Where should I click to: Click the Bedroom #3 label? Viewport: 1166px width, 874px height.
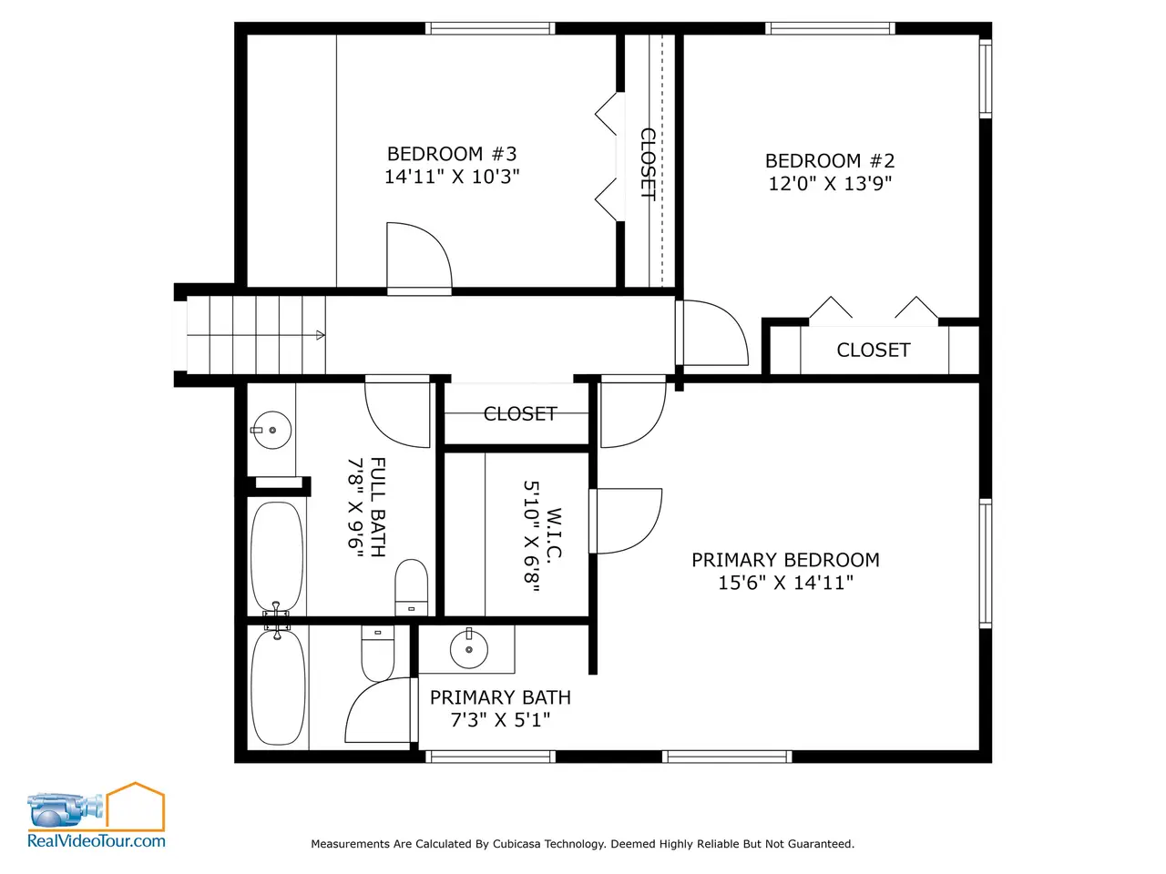(x=452, y=154)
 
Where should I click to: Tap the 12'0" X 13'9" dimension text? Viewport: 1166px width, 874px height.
(x=830, y=184)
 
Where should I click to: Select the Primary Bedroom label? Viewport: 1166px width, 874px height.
(x=785, y=560)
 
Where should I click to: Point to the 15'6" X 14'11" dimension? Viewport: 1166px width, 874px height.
(x=785, y=583)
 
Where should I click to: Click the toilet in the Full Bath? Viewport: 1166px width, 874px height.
(x=411, y=587)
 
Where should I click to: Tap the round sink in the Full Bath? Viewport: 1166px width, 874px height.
(x=272, y=430)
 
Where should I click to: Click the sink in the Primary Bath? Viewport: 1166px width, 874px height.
(x=468, y=649)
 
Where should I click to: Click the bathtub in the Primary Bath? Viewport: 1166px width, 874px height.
(x=278, y=686)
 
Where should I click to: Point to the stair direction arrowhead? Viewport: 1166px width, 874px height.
(x=321, y=335)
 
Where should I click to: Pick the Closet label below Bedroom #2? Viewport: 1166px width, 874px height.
(x=874, y=351)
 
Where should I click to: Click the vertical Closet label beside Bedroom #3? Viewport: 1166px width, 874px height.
(x=648, y=164)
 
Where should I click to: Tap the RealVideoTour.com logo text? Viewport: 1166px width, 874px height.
(x=97, y=841)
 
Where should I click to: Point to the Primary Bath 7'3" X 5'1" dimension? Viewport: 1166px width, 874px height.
(x=500, y=720)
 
